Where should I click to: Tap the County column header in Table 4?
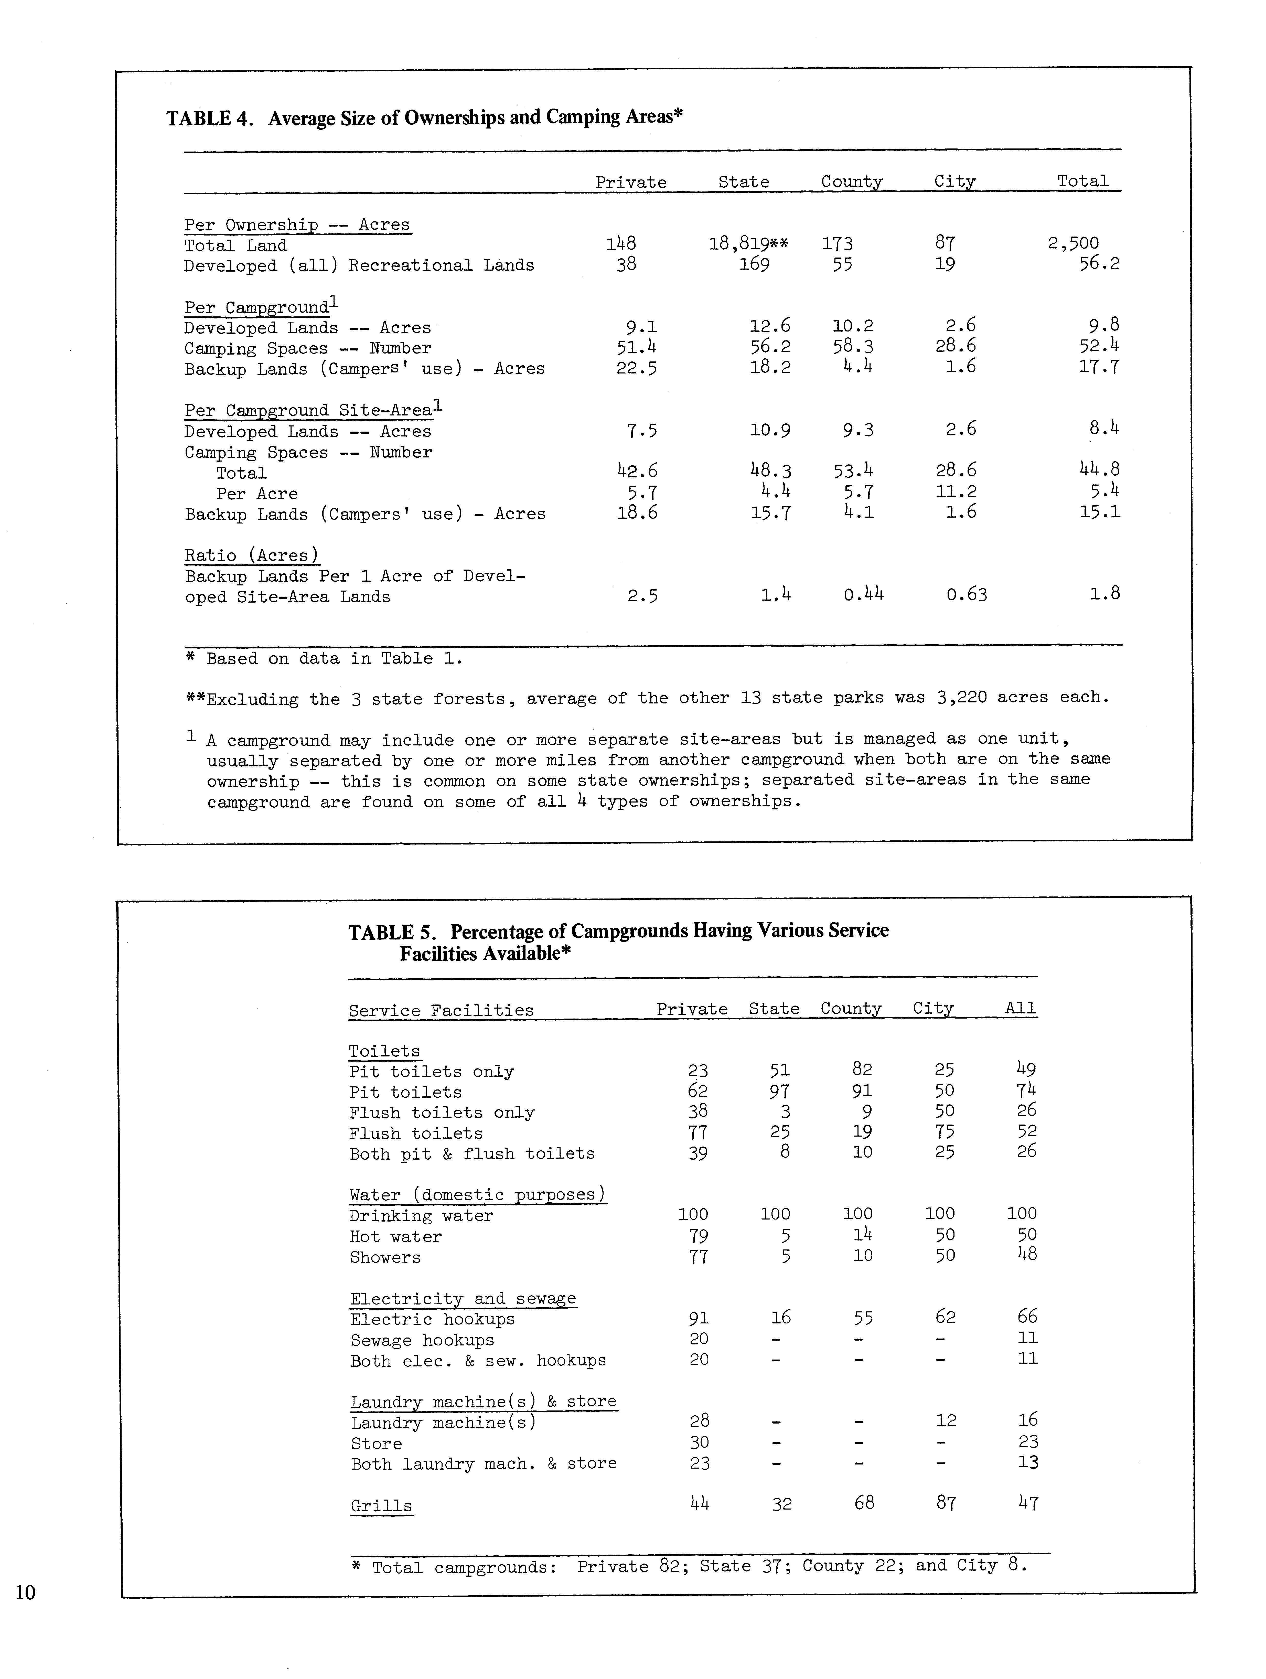coord(852,182)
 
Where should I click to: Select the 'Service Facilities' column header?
coord(441,1010)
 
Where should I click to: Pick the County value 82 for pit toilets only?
coord(862,1070)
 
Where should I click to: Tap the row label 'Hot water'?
coord(395,1236)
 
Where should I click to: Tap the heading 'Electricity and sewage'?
coord(463,1299)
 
